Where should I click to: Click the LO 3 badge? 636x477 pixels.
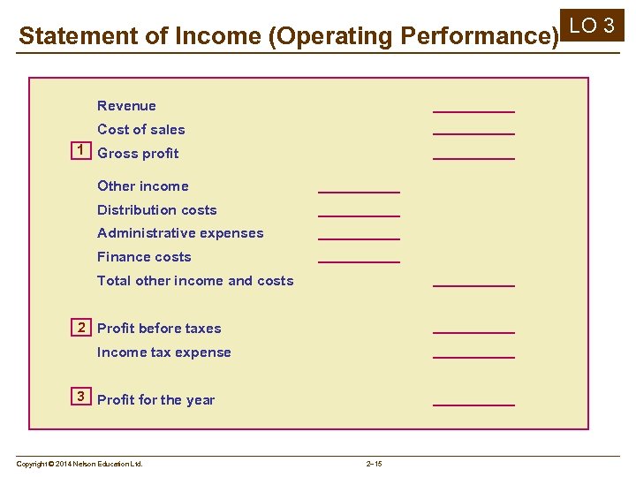[596, 26]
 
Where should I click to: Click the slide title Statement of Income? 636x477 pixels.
[289, 36]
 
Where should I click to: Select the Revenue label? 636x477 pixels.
[126, 106]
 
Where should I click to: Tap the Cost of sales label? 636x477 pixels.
[141, 130]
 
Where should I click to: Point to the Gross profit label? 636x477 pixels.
[138, 154]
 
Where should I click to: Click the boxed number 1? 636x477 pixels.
[80, 150]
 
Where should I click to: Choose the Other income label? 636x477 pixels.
[143, 186]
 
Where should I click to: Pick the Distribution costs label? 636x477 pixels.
[157, 210]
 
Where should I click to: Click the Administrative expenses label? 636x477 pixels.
[180, 233]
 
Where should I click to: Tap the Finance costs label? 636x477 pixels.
[144, 257]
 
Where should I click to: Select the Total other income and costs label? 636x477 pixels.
[195, 281]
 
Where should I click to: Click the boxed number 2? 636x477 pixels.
[80, 328]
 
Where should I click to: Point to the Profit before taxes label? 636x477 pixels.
[159, 329]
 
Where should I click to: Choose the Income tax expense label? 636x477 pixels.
[164, 352]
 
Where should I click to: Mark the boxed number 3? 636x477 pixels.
[80, 397]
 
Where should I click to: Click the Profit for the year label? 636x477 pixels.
[156, 400]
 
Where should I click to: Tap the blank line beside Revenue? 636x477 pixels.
[473, 110]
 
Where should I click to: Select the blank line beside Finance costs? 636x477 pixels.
[359, 261]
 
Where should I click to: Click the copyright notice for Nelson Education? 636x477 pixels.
[79, 464]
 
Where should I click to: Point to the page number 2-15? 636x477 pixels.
[374, 464]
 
